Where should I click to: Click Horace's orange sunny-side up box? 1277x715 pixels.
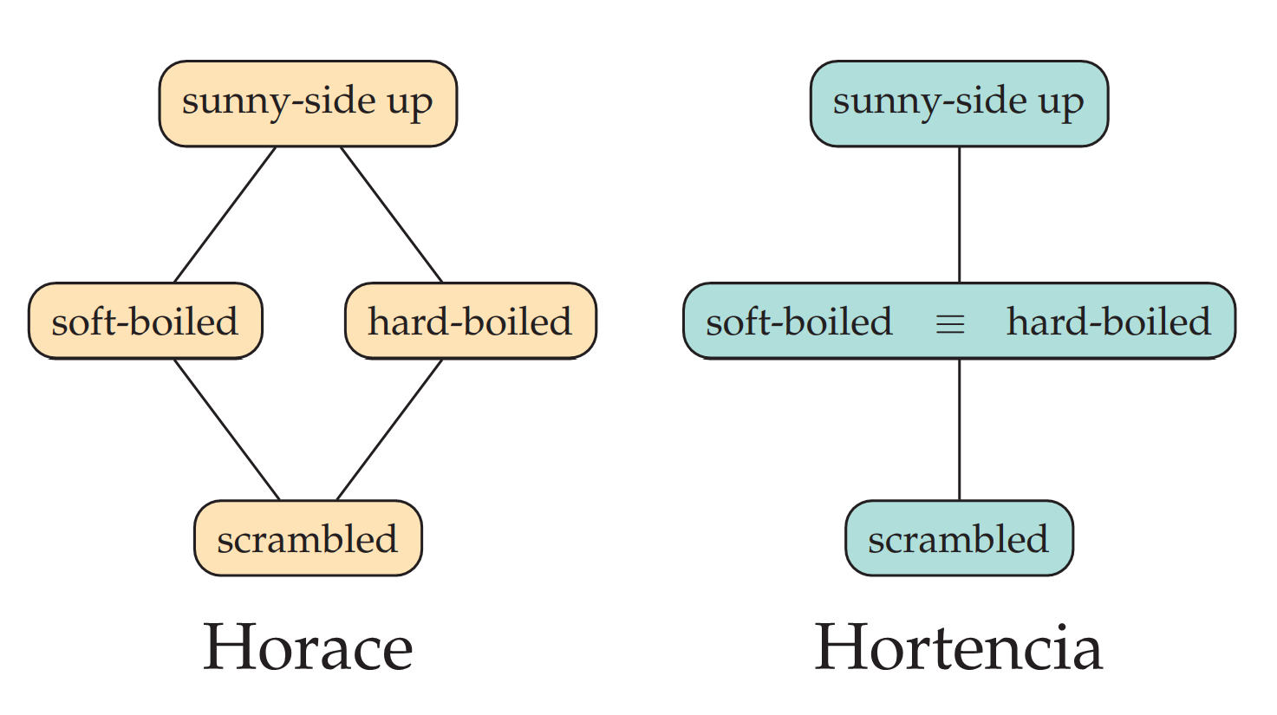[x=308, y=103]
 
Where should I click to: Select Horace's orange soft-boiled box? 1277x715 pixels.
[x=145, y=321]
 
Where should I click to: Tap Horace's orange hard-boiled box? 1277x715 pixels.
[x=470, y=321]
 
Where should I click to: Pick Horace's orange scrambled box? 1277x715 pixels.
[x=308, y=538]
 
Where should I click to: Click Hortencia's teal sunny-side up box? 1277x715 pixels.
[x=959, y=103]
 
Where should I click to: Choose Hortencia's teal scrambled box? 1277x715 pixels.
[x=959, y=538]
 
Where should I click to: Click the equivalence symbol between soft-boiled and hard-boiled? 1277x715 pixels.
[x=950, y=324]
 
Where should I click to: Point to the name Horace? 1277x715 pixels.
[x=308, y=647]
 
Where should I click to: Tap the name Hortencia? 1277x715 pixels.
[x=959, y=647]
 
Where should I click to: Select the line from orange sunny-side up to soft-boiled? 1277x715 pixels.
[x=225, y=214]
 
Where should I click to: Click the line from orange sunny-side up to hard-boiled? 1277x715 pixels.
[x=391, y=214]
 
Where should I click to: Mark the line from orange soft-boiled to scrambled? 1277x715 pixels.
[x=227, y=429]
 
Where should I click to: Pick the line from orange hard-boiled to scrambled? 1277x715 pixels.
[x=389, y=429]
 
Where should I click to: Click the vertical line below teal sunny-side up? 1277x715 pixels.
[x=959, y=214]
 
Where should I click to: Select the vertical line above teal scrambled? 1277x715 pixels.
[x=959, y=429]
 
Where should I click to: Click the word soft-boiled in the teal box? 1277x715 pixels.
[x=798, y=322]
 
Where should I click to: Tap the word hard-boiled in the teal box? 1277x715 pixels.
[x=1108, y=322]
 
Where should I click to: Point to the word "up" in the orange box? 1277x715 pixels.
[x=409, y=104]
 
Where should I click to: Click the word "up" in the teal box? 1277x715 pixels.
[x=1060, y=104]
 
